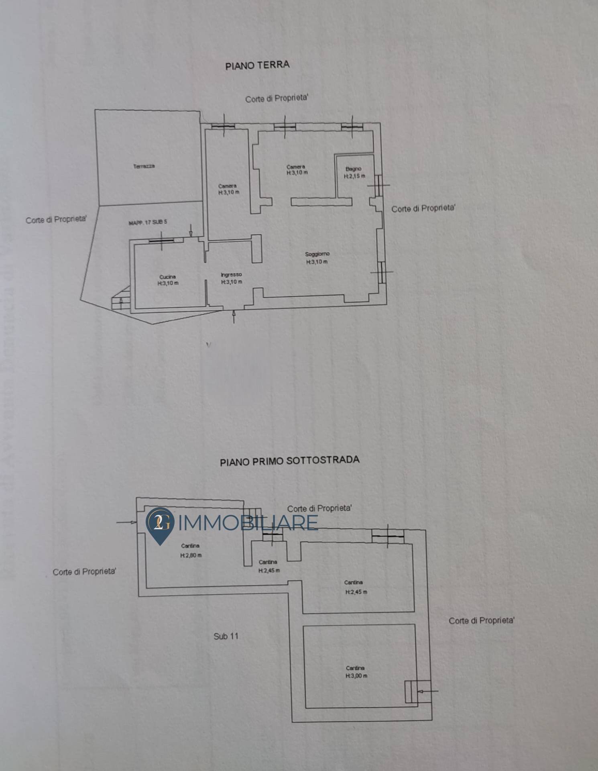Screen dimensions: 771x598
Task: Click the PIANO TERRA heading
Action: [x=257, y=65]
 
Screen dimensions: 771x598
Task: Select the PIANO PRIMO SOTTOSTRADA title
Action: [x=289, y=461]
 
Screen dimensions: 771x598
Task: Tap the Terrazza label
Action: [x=144, y=166]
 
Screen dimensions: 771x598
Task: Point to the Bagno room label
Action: [x=354, y=169]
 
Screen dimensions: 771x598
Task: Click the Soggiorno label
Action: [x=317, y=254]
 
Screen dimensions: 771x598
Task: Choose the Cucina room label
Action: [x=167, y=277]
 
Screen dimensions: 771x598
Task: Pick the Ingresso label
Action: [x=231, y=275]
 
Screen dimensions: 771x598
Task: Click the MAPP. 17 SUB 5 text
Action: [x=148, y=222]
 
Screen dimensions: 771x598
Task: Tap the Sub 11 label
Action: [x=226, y=636]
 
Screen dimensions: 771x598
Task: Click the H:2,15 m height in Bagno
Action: [x=355, y=176]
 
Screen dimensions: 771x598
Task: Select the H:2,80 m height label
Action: [x=191, y=556]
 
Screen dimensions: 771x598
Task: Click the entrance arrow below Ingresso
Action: [x=234, y=317]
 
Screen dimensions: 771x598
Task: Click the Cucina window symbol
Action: [x=161, y=241]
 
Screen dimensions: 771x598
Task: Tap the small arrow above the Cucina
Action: [x=191, y=231]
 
